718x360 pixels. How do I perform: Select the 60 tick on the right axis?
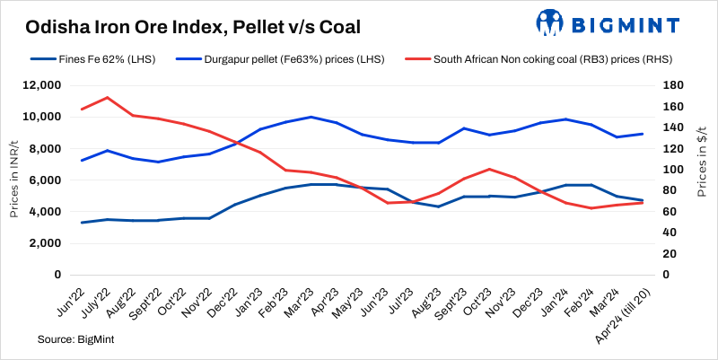[x=667, y=212]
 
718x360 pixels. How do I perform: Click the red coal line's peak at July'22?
[x=108, y=97]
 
